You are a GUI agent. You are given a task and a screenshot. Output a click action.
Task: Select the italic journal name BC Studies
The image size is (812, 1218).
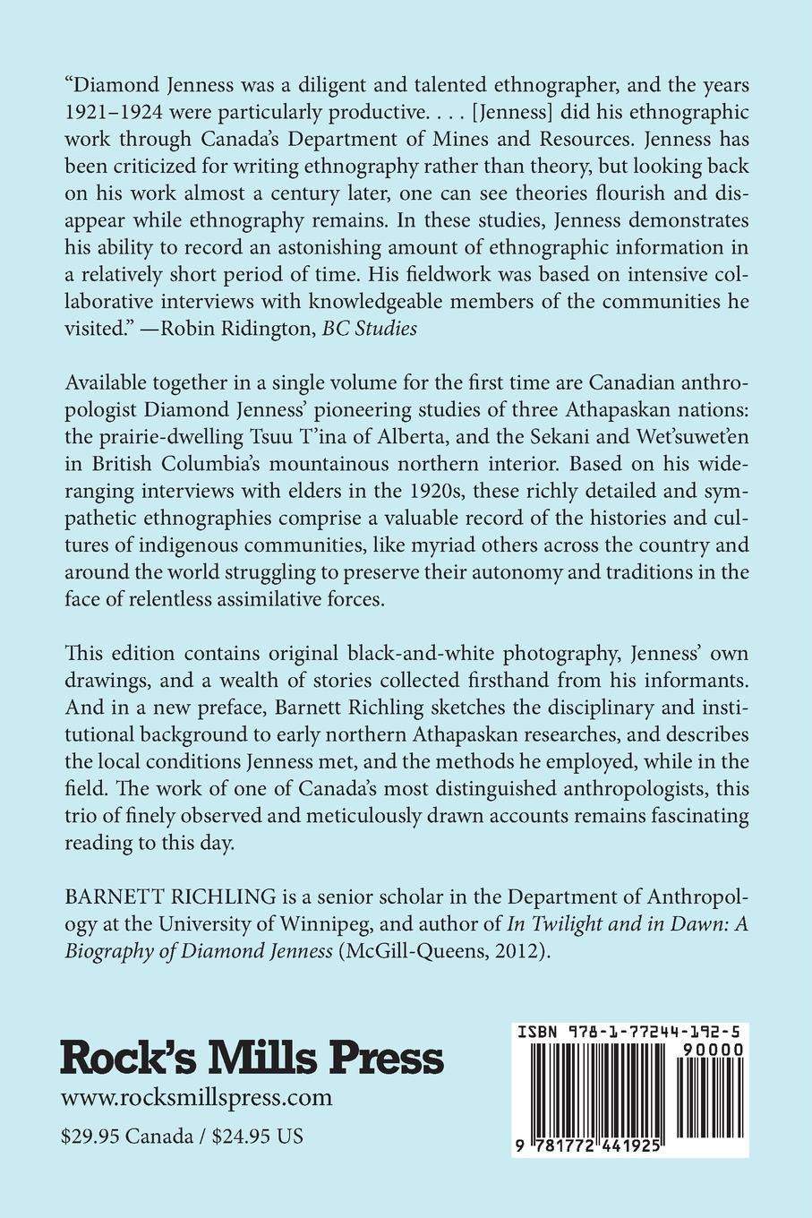coord(373,328)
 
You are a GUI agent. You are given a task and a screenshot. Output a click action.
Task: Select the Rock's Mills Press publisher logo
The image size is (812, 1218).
coord(252,1058)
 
